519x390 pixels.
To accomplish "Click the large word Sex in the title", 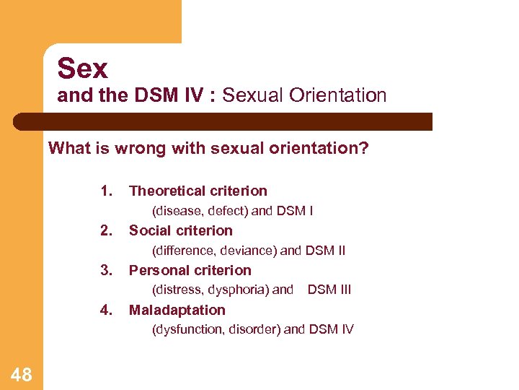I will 82,69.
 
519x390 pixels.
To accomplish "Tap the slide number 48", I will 22,374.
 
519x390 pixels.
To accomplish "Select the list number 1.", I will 107,191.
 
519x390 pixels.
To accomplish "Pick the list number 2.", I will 107,230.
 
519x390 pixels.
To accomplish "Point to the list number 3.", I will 107,270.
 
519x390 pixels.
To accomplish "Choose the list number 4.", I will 107,310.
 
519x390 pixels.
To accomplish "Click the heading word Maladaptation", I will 177,310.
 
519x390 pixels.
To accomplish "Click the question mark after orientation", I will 365,149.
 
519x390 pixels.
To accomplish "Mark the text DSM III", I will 329,290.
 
